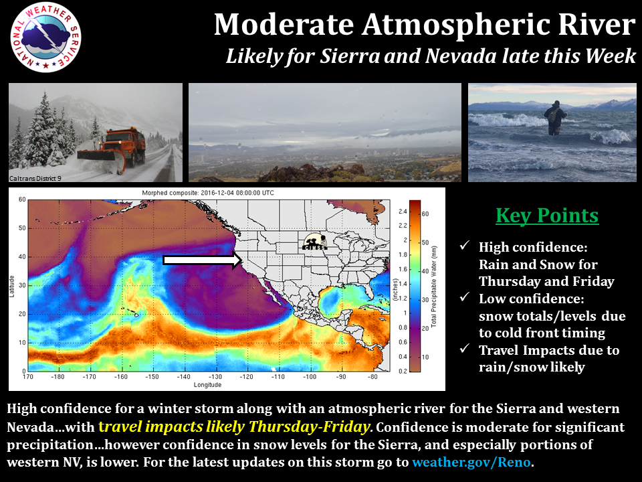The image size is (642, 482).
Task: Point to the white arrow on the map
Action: click(x=201, y=261)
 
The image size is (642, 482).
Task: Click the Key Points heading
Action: click(x=547, y=216)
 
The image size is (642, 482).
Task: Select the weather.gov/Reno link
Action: click(x=472, y=462)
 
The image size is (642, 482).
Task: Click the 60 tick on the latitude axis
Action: click(x=22, y=200)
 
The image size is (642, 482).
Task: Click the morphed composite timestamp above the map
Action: click(x=209, y=193)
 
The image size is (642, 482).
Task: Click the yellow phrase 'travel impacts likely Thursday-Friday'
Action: click(x=233, y=427)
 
